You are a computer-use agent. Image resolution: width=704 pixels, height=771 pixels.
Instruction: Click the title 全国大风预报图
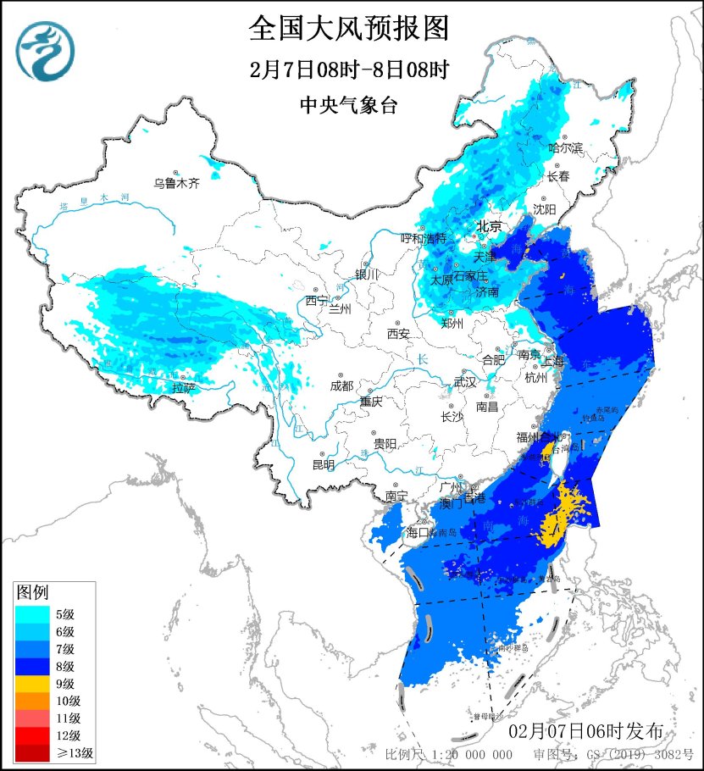[x=348, y=29]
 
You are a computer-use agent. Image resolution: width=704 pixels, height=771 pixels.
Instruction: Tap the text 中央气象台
[x=348, y=105]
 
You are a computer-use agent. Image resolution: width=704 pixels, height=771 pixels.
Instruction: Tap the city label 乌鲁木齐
[x=176, y=183]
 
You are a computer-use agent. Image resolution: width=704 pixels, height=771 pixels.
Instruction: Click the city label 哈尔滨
[x=566, y=147]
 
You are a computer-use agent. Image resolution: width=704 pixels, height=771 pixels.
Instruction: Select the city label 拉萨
[x=183, y=388]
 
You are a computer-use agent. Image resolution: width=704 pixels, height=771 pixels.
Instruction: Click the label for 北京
[x=489, y=227]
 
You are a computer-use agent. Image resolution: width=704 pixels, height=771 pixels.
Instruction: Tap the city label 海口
[x=419, y=533]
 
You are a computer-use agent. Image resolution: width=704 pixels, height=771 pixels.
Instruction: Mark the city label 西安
[x=398, y=334]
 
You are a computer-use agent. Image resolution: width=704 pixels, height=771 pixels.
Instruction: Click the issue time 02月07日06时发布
[x=591, y=730]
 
